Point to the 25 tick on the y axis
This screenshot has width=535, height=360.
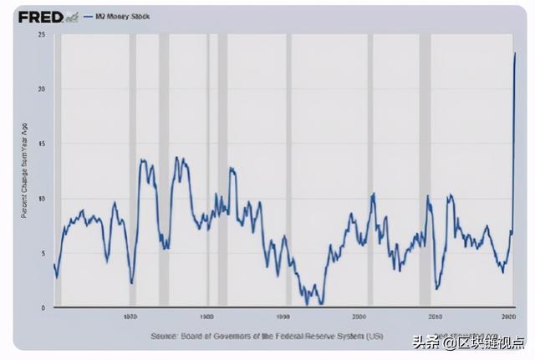[41, 35]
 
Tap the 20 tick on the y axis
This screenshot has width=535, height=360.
[41, 89]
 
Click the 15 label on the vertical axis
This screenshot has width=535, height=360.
[41, 144]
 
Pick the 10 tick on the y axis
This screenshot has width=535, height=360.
[41, 199]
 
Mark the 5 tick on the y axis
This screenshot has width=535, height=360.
[43, 253]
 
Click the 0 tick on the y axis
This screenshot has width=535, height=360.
[43, 307]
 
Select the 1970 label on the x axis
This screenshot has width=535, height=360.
[130, 317]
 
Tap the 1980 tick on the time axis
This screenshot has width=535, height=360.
[206, 317]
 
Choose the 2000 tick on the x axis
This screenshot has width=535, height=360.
[359, 317]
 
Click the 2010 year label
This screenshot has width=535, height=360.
[435, 317]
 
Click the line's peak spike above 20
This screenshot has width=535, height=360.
[515, 53]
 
